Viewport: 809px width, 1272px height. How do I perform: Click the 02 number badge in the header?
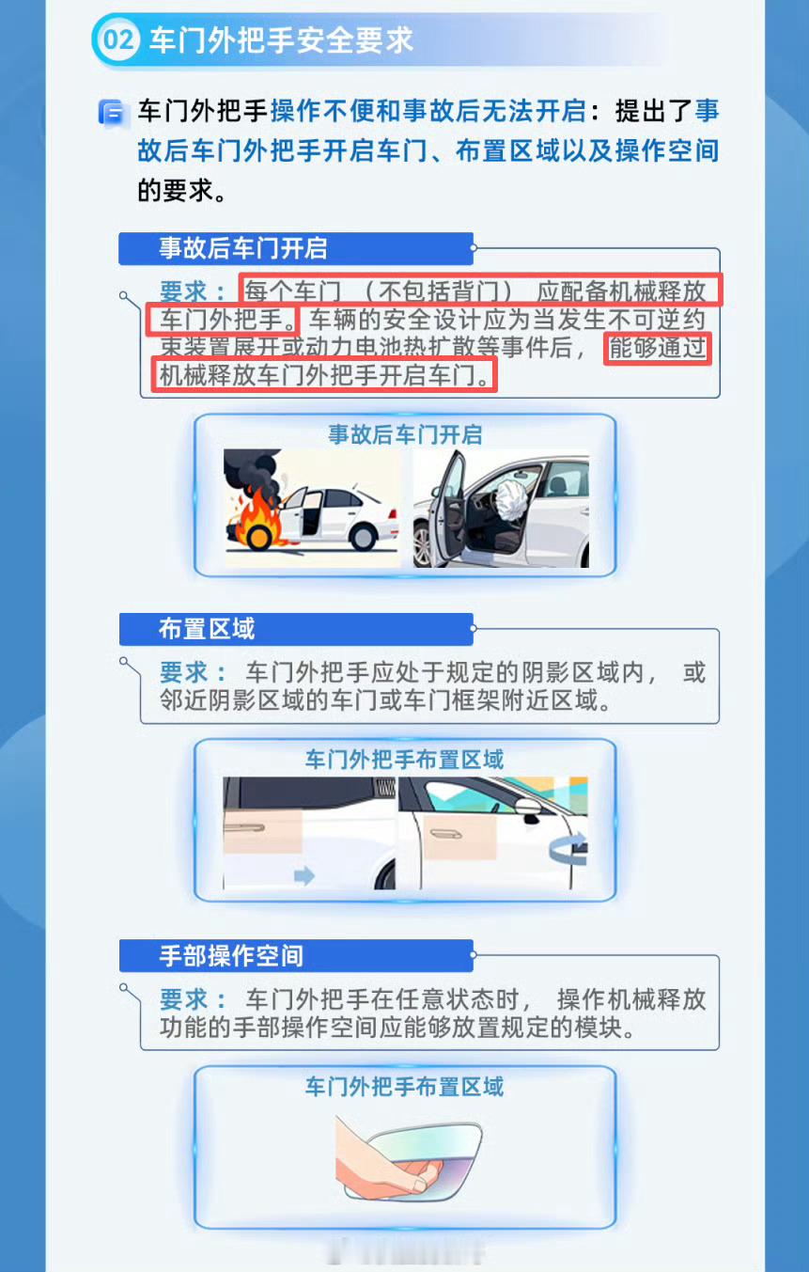pyautogui.click(x=118, y=39)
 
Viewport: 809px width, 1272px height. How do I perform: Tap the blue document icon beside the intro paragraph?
pyautogui.click(x=111, y=113)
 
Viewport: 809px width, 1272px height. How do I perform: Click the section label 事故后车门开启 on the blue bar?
pyautogui.click(x=243, y=248)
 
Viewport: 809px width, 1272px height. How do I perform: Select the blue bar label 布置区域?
pyautogui.click(x=207, y=629)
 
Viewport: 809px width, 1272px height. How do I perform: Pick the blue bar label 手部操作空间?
pyautogui.click(x=231, y=955)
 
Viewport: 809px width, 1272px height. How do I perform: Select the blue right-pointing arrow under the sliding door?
pyautogui.click(x=304, y=875)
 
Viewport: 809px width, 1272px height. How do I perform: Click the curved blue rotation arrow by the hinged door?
pyautogui.click(x=568, y=848)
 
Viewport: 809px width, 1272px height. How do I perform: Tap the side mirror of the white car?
pyautogui.click(x=529, y=809)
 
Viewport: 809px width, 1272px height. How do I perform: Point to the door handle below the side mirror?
pyautogui.click(x=446, y=834)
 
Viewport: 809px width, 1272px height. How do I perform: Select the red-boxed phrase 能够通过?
pyautogui.click(x=658, y=348)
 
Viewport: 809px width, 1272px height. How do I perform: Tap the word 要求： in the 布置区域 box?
pyautogui.click(x=193, y=673)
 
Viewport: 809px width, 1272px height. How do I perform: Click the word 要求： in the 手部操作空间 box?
pyautogui.click(x=193, y=999)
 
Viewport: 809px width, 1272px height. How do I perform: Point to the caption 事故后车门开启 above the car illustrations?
pyautogui.click(x=405, y=435)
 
